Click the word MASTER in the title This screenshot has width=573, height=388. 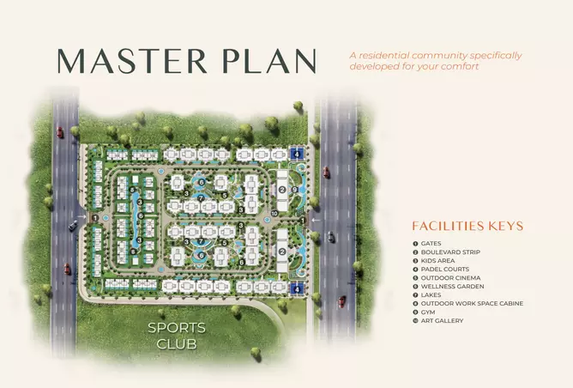[132, 61]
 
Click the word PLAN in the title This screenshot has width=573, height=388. [269, 61]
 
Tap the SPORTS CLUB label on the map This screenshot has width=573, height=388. [177, 336]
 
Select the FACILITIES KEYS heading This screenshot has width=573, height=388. [467, 226]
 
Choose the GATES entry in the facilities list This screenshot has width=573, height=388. [431, 244]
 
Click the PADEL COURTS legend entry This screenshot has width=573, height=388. [445, 270]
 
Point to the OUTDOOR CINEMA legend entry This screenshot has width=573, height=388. [450, 278]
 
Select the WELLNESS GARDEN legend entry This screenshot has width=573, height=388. [452, 287]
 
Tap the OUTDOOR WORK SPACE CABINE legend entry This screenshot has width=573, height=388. [472, 304]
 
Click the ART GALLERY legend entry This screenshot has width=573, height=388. [442, 321]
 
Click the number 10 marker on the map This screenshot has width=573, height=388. [274, 214]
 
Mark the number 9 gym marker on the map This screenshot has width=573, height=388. [295, 190]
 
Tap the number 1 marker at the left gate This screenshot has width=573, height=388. [95, 218]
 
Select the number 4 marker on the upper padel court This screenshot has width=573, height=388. [297, 155]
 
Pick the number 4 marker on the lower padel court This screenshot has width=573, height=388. [297, 289]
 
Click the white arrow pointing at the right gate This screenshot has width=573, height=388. [317, 220]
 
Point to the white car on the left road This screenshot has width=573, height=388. [73, 225]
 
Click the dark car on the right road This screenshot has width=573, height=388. [331, 237]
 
